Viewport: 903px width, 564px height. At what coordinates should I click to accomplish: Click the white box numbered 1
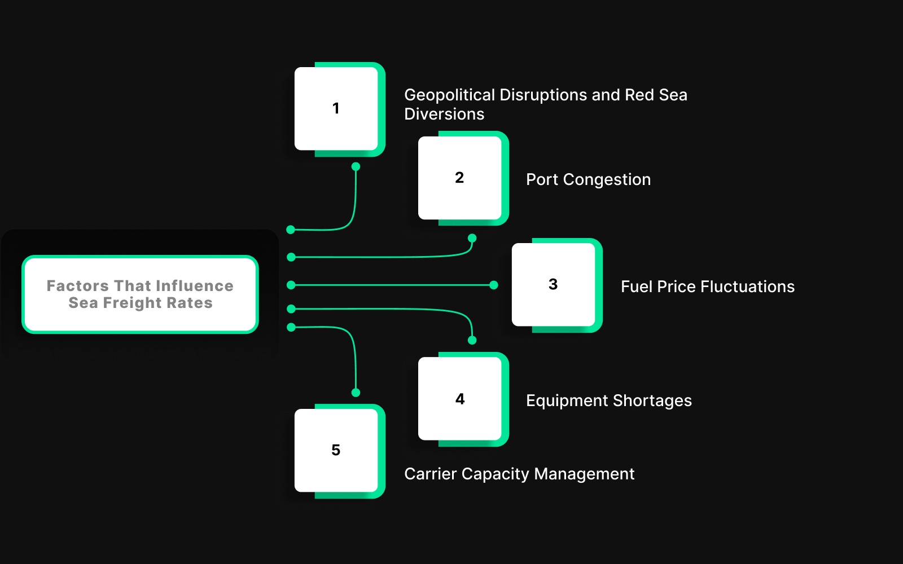pyautogui.click(x=336, y=108)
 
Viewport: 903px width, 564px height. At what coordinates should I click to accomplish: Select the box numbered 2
pyautogui.click(x=460, y=178)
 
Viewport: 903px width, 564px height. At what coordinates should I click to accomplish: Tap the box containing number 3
pyautogui.click(x=553, y=284)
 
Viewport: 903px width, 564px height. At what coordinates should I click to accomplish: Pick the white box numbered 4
pyautogui.click(x=460, y=399)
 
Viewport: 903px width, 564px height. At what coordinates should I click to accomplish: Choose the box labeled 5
pyautogui.click(x=336, y=450)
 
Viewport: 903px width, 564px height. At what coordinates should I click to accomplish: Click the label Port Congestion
pyautogui.click(x=588, y=179)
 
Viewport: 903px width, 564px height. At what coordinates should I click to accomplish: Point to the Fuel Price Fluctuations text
pyautogui.click(x=707, y=287)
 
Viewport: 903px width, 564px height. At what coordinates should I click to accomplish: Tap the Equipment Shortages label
pyautogui.click(x=608, y=400)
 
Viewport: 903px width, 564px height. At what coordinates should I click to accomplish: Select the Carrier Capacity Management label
pyautogui.click(x=519, y=474)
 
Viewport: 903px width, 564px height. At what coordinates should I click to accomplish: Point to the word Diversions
pyautogui.click(x=444, y=114)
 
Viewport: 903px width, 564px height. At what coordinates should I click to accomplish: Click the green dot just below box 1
pyautogui.click(x=356, y=166)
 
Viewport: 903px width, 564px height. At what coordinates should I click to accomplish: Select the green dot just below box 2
pyautogui.click(x=472, y=238)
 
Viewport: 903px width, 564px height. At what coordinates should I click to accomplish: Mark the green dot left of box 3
pyautogui.click(x=494, y=285)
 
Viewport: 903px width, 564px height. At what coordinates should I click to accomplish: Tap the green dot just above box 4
pyautogui.click(x=472, y=340)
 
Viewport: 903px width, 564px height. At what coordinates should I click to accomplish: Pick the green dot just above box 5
pyautogui.click(x=356, y=393)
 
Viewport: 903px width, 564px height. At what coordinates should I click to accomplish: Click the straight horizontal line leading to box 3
pyautogui.click(x=395, y=285)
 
